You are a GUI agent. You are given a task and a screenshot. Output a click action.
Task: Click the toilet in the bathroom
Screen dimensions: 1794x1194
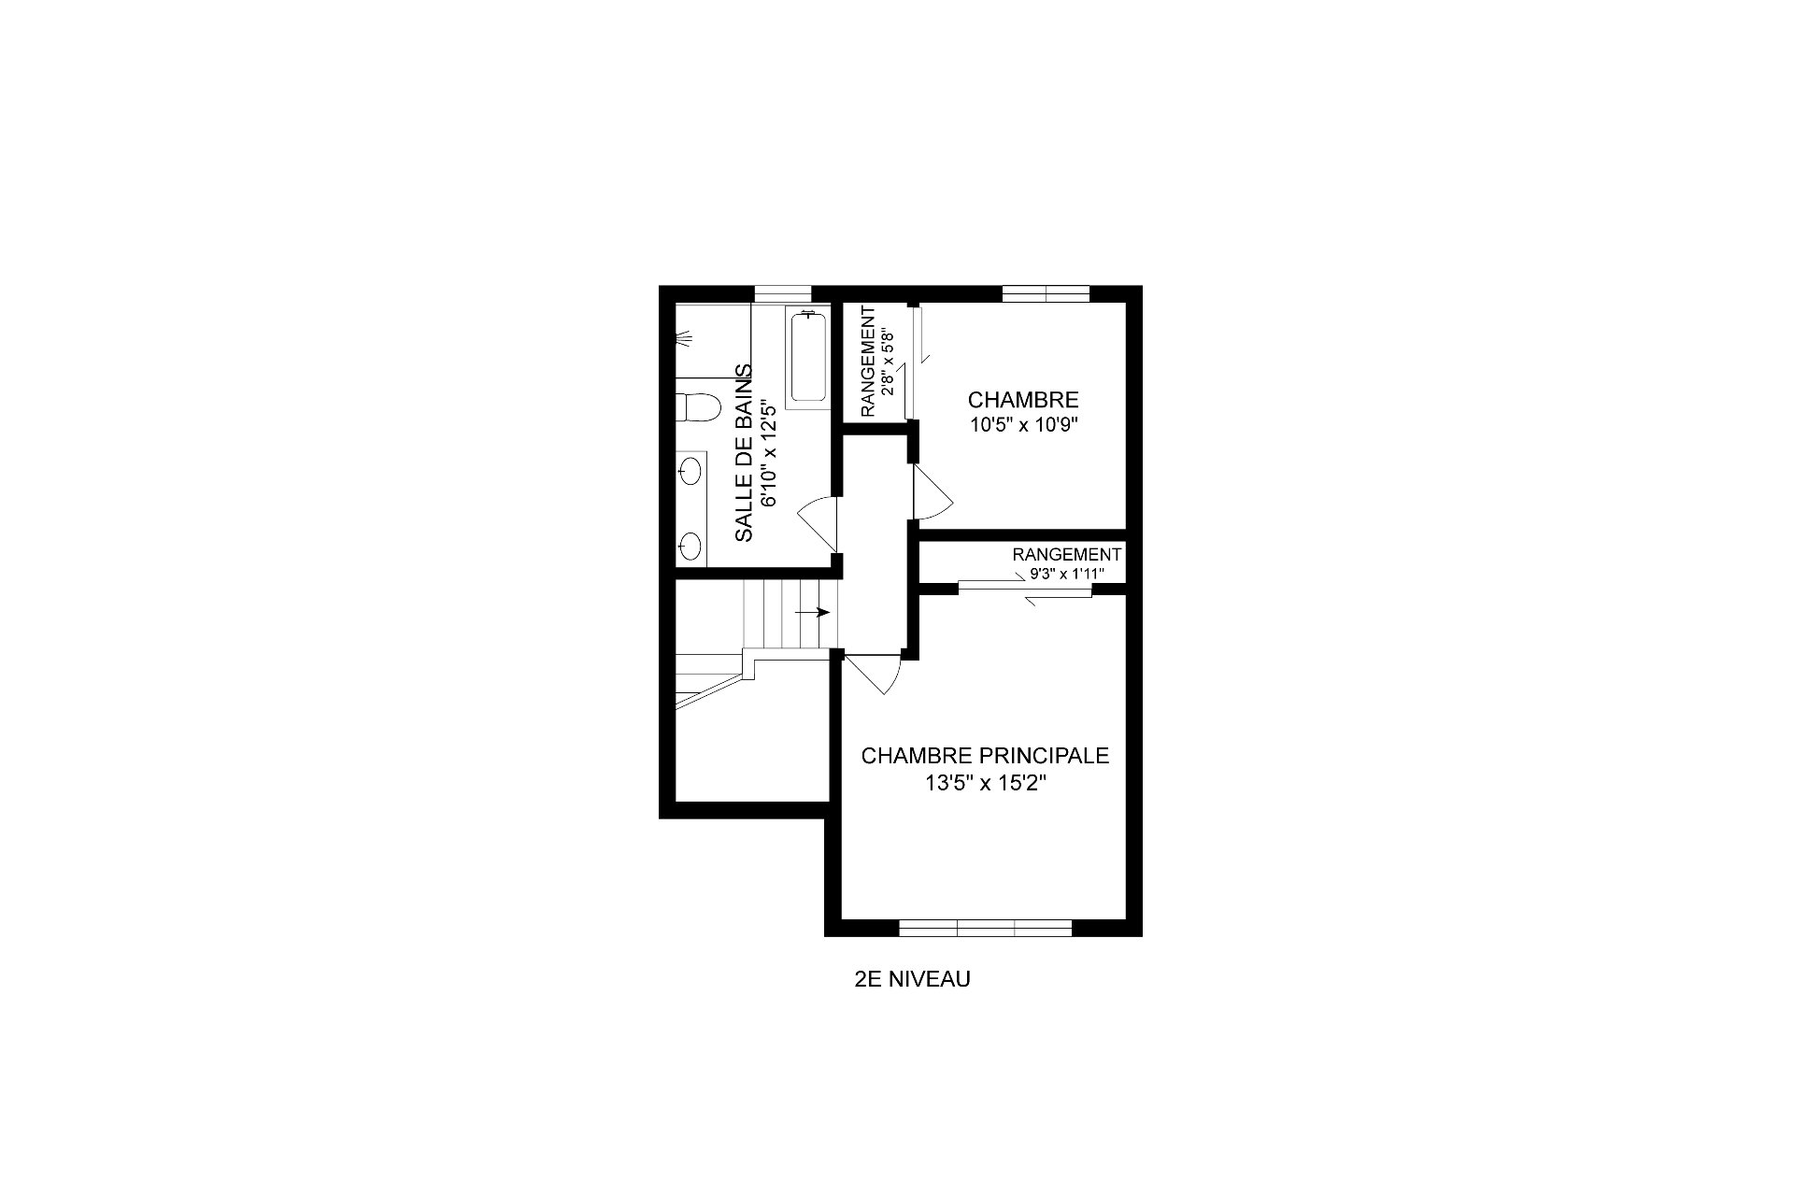(x=698, y=408)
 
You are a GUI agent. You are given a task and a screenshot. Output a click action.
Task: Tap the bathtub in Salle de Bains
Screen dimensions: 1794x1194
(x=808, y=359)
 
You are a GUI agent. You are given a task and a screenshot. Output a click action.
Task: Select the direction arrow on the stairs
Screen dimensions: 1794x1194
(x=812, y=613)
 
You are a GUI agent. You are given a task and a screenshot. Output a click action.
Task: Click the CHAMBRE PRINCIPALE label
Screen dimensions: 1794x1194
(x=985, y=755)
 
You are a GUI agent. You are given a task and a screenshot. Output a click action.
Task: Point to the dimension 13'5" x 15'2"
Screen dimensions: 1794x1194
(x=985, y=784)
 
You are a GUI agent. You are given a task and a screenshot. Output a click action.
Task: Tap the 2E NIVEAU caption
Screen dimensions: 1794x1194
(x=912, y=979)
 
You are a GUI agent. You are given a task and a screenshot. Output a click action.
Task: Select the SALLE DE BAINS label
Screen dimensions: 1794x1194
(x=744, y=452)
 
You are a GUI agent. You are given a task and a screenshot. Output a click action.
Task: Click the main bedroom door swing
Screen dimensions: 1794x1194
(x=872, y=675)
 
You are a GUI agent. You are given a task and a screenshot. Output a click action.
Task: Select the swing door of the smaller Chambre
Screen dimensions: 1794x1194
(x=932, y=491)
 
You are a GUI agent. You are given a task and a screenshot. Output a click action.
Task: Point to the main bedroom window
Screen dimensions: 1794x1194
(x=985, y=928)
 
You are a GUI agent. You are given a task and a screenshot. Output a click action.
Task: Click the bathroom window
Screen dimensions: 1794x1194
(x=783, y=293)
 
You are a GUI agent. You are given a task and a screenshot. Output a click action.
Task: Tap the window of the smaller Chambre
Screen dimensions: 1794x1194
(x=1046, y=293)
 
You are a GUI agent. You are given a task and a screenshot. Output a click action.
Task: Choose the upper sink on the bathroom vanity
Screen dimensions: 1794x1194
(x=691, y=472)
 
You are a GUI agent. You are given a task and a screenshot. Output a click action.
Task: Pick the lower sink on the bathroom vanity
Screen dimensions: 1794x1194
(x=691, y=546)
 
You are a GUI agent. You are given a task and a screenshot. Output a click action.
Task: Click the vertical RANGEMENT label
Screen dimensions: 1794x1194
(x=868, y=360)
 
